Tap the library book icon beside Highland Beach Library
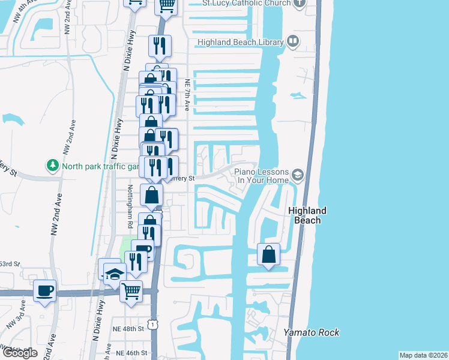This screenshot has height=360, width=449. click(x=293, y=41)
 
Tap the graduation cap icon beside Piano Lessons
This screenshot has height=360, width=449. click(x=297, y=175)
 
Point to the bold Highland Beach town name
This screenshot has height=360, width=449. click(x=307, y=215)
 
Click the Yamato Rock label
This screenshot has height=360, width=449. click(x=312, y=332)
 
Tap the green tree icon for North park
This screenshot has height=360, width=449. click(x=53, y=164)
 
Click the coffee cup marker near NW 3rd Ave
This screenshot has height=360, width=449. click(x=44, y=291)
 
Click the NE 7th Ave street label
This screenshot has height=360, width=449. click(x=188, y=95)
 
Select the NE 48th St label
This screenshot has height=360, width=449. click(x=130, y=329)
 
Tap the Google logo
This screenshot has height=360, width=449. click(x=20, y=353)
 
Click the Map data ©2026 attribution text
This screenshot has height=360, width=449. click(x=423, y=355)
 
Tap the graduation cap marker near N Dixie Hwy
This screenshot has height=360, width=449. click(x=115, y=274)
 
